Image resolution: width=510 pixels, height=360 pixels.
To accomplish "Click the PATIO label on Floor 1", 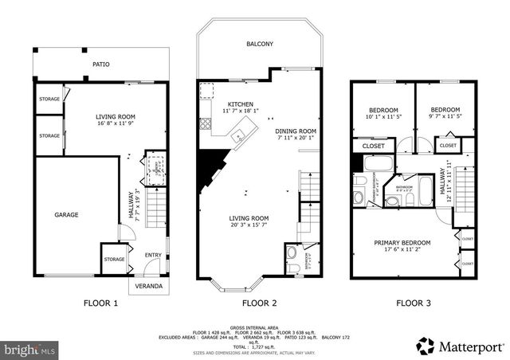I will pyautogui.click(x=100, y=65).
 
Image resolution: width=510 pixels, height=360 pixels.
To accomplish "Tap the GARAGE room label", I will pyautogui.click(x=66, y=214).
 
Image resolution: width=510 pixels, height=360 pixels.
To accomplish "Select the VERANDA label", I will pyautogui.click(x=148, y=285).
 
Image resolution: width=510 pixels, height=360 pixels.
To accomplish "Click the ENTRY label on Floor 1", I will pyautogui.click(x=152, y=255).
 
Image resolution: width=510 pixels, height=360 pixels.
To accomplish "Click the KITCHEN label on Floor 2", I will pyautogui.click(x=241, y=104).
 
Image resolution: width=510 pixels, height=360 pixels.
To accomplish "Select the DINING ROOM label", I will pyautogui.click(x=296, y=131).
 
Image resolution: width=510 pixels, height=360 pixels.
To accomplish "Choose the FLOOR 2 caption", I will pyautogui.click(x=259, y=303).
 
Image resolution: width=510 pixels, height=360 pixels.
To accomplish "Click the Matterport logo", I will pyautogui.click(x=460, y=346).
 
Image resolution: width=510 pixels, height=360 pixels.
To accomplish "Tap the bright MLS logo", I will pyautogui.click(x=30, y=349).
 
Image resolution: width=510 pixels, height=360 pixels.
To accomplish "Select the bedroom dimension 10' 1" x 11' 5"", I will pyautogui.click(x=383, y=117).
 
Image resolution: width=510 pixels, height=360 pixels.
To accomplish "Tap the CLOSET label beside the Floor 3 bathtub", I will pyautogui.click(x=374, y=147).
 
